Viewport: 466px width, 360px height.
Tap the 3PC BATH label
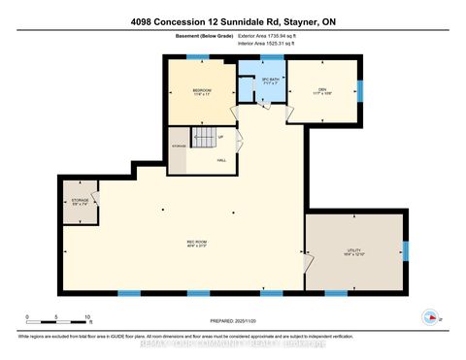click(271, 82)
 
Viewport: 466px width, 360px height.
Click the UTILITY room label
click(353, 252)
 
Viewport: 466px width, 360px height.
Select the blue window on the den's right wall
click(359, 91)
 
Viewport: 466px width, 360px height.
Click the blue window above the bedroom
click(198, 57)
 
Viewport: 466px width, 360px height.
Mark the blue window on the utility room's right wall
click(407, 251)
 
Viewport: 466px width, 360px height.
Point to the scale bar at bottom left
click(58, 314)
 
